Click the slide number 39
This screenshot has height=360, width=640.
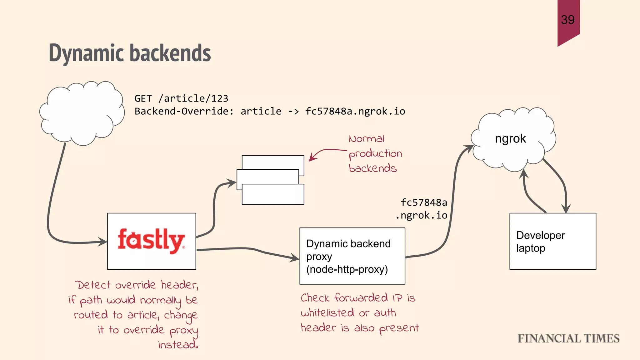pyautogui.click(x=567, y=20)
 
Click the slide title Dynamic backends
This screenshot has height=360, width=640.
pyautogui.click(x=130, y=53)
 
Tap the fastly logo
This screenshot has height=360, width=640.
pyautogui.click(x=151, y=241)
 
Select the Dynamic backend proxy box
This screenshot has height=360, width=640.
pyautogui.click(x=352, y=256)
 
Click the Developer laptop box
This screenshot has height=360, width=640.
pyautogui.click(x=552, y=241)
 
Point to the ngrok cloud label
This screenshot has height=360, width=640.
pyautogui.click(x=510, y=138)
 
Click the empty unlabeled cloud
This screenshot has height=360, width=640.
pyautogui.click(x=82, y=112)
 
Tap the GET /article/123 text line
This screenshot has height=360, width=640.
pyautogui.click(x=181, y=98)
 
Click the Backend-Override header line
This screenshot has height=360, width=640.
pyautogui.click(x=269, y=111)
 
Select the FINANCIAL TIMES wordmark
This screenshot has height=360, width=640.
pyautogui.click(x=568, y=338)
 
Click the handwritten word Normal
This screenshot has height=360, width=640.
pyautogui.click(x=366, y=139)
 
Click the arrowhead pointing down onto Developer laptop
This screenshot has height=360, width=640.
pyautogui.click(x=566, y=209)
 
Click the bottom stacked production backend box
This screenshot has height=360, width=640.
pyautogui.click(x=272, y=195)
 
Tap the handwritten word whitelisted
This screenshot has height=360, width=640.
pyautogui.click(x=327, y=312)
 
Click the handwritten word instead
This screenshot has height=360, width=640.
pyautogui.click(x=177, y=345)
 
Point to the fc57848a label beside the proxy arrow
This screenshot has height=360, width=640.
pyautogui.click(x=423, y=202)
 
